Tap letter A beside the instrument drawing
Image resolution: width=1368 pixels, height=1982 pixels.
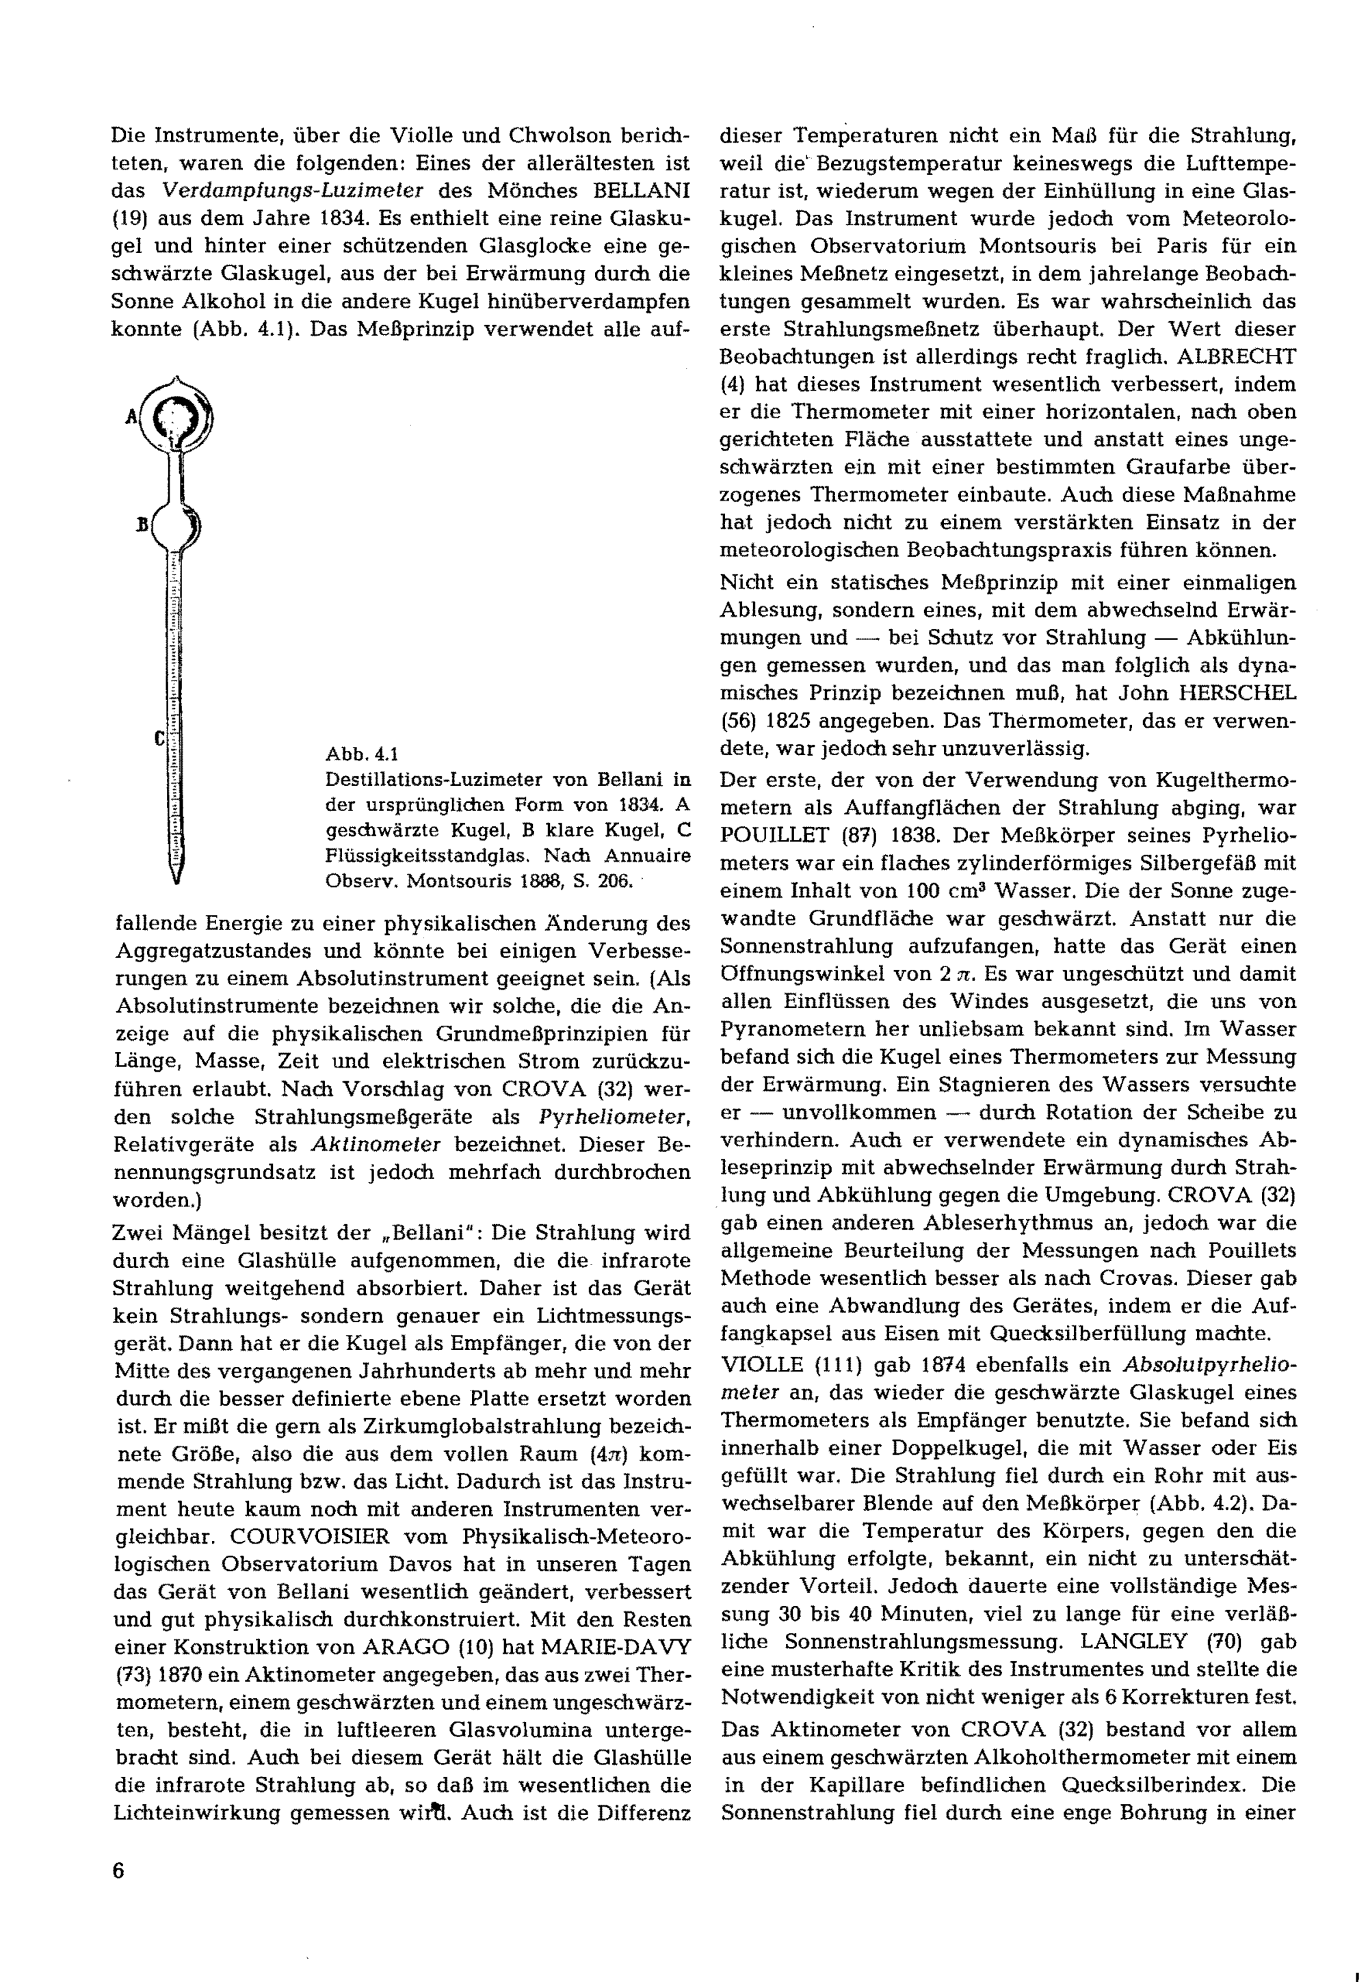click(131, 417)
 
